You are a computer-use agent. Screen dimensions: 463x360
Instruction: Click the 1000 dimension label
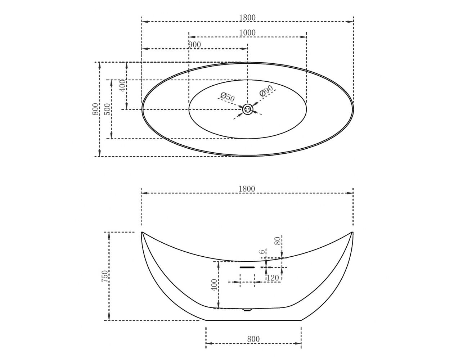[x=247, y=33]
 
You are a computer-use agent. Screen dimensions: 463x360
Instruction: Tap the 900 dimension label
[x=195, y=45]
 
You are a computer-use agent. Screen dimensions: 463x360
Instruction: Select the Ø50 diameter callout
[x=228, y=97]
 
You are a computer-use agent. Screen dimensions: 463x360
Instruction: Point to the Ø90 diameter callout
[x=266, y=91]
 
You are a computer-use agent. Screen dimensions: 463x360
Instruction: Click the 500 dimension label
[x=108, y=109]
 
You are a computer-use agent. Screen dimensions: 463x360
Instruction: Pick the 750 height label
[x=105, y=276]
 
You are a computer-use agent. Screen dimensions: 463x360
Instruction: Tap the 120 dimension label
[x=273, y=278]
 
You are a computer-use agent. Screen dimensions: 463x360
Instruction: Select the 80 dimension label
[x=278, y=241]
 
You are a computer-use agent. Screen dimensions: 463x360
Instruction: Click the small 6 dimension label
[x=263, y=251]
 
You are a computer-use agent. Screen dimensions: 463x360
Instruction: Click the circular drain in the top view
[x=248, y=109]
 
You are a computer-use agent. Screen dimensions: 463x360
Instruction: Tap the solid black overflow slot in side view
[x=247, y=267]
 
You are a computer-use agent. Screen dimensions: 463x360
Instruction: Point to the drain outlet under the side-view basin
[x=247, y=310]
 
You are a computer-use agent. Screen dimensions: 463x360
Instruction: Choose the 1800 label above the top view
[x=247, y=18]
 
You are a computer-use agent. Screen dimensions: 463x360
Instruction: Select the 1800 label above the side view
[x=247, y=189]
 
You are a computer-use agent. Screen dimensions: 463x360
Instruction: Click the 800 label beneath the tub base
[x=253, y=339]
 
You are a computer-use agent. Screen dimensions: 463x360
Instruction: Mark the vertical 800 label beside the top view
[x=95, y=109]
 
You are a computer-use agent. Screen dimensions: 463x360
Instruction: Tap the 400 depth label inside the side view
[x=214, y=285]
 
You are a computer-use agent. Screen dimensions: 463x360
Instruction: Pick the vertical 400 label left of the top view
[x=122, y=86]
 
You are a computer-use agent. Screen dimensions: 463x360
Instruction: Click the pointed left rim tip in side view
[x=141, y=232]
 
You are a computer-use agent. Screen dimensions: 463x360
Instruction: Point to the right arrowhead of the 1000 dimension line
[x=304, y=37]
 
